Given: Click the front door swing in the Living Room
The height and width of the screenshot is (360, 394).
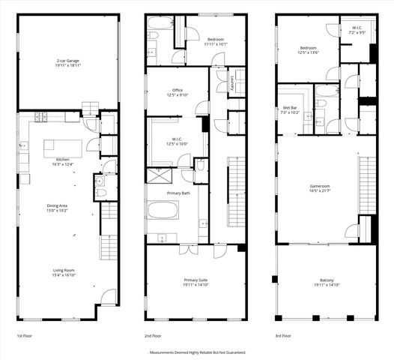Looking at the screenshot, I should point(109,296).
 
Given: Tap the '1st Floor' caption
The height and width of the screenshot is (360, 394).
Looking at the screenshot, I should point(24,336).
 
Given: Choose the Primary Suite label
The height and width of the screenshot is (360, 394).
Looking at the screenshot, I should point(195,280).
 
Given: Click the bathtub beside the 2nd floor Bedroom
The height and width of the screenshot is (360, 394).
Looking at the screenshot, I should point(160,35).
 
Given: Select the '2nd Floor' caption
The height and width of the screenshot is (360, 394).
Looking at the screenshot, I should point(153,336).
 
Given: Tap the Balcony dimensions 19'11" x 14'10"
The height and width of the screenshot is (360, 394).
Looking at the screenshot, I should point(324,285).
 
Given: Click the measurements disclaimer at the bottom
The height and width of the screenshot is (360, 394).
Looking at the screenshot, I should point(198,352).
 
